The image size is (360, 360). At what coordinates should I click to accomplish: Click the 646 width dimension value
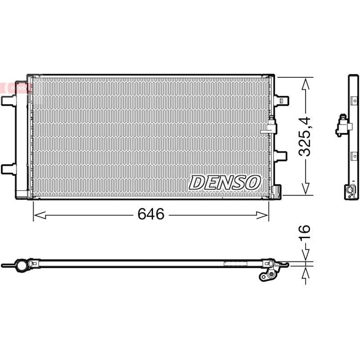[x=151, y=215]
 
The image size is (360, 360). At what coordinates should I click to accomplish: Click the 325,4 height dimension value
[x=306, y=136]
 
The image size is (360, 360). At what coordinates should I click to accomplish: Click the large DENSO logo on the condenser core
[x=225, y=182]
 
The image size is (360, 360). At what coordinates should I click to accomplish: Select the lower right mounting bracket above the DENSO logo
[x=281, y=156]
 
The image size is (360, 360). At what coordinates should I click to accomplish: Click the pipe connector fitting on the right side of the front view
[x=271, y=125]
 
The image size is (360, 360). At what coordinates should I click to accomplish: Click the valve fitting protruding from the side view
[x=341, y=127]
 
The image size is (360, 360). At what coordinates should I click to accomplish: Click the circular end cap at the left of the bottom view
[x=21, y=265]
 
